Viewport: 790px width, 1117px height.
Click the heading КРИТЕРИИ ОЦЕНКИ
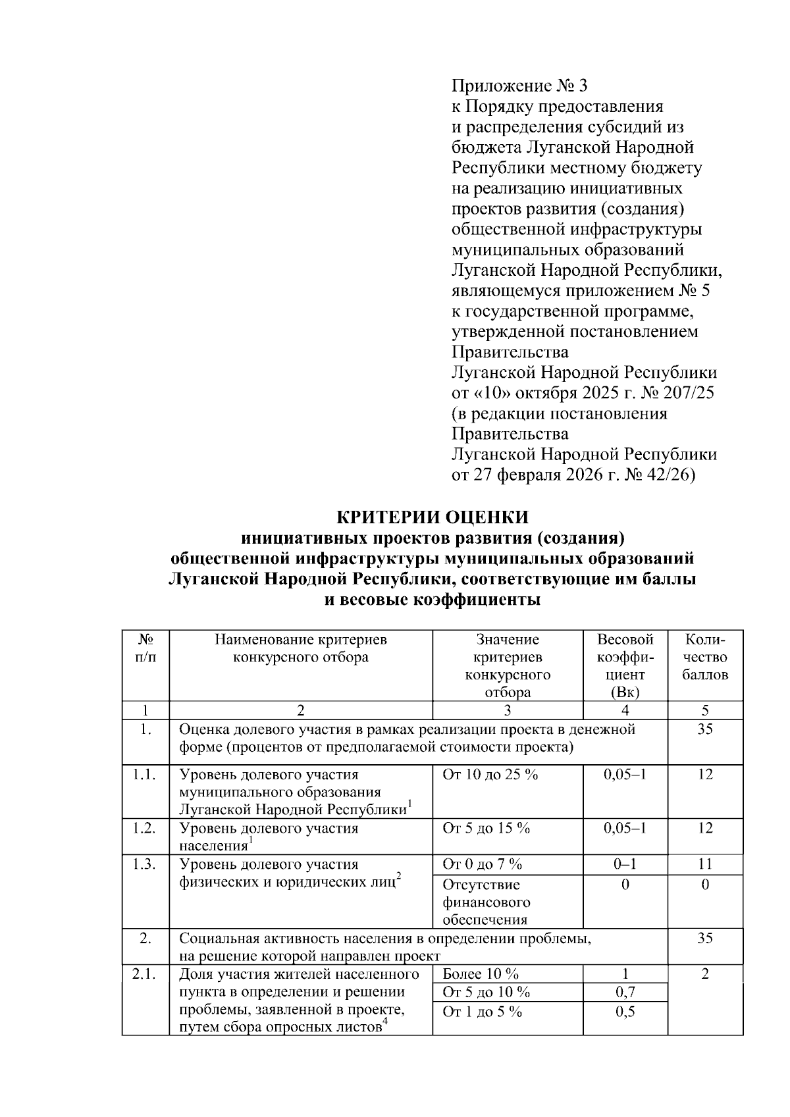click(433, 516)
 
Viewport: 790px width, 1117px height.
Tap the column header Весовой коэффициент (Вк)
click(625, 665)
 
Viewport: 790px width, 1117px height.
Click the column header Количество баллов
click(705, 657)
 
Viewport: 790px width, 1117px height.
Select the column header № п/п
click(145, 648)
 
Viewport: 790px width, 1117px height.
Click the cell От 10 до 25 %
click(490, 775)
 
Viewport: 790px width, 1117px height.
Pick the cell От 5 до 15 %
click(487, 828)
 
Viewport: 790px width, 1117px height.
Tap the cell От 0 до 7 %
click(483, 864)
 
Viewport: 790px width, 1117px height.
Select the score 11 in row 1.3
click(705, 864)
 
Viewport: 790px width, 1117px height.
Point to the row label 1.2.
click(144, 828)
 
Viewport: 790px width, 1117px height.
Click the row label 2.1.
click(144, 974)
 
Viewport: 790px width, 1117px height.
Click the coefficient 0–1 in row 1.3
click(625, 864)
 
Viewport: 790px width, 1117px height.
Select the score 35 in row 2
click(705, 938)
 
